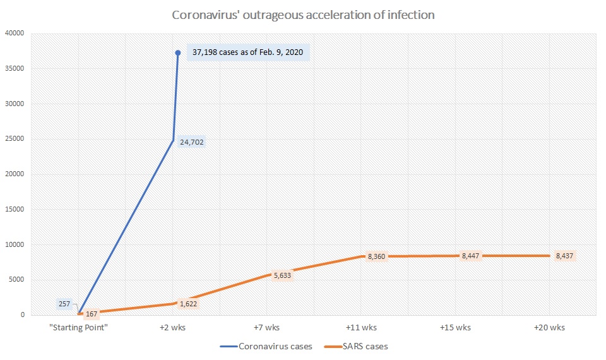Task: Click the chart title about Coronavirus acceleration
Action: (304, 15)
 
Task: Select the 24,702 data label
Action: (192, 142)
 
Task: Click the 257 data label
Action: (64, 304)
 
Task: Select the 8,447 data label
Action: (471, 255)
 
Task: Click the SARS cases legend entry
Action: (360, 346)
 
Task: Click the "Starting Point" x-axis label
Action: (79, 327)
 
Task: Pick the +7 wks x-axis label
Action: (266, 327)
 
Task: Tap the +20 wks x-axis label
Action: (549, 327)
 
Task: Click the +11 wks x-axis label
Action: (361, 327)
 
